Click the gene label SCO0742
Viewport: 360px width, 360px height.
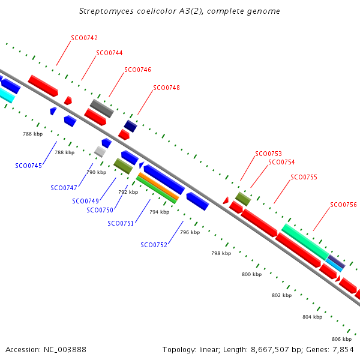(x=84, y=38)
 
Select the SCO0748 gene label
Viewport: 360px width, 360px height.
(x=166, y=88)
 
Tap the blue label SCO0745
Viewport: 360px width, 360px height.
(x=28, y=166)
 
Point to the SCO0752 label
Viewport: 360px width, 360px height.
(x=154, y=245)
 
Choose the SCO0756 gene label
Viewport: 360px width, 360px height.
(x=343, y=205)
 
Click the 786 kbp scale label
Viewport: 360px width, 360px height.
(x=33, y=134)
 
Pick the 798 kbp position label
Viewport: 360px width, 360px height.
(x=221, y=253)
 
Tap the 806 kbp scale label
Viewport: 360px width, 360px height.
(x=341, y=339)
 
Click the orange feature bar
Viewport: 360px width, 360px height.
(x=158, y=186)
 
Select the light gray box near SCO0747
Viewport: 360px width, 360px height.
(x=100, y=152)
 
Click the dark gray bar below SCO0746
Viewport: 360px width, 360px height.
(x=102, y=109)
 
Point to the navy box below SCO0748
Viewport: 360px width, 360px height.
(x=131, y=126)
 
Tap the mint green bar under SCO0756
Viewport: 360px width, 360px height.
(x=305, y=242)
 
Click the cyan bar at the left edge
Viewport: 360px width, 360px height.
(x=7, y=95)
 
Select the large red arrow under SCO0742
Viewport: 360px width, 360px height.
(x=43, y=86)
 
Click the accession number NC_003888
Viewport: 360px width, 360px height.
(x=65, y=350)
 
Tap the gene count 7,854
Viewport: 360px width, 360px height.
(x=343, y=350)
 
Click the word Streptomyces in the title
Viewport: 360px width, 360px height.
(x=106, y=11)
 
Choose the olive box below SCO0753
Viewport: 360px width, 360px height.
(x=243, y=199)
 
